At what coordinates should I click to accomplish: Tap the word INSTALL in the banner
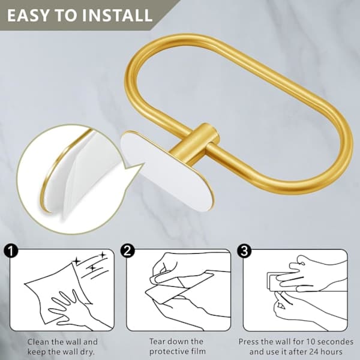click(x=117, y=16)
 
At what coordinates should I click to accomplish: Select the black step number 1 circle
click(x=11, y=250)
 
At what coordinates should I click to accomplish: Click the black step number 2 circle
click(x=127, y=250)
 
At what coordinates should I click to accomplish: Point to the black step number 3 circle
click(x=244, y=250)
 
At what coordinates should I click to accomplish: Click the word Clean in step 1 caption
click(x=38, y=342)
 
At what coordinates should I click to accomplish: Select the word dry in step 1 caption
click(x=87, y=352)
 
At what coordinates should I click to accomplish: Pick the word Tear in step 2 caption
click(x=158, y=341)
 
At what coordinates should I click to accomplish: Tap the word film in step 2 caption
click(x=199, y=351)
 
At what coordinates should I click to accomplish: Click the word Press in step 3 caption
click(x=249, y=341)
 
